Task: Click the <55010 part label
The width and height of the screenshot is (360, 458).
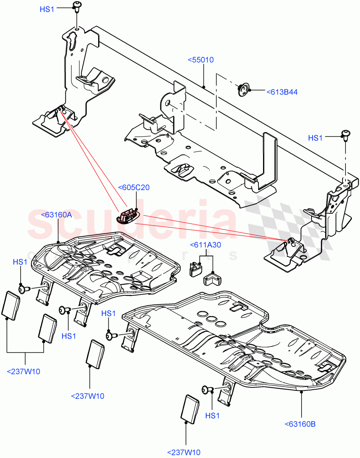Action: pyautogui.click(x=201, y=60)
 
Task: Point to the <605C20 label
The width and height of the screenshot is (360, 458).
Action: pyautogui.click(x=134, y=187)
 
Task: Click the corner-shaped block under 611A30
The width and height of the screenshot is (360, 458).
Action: pyautogui.click(x=213, y=278)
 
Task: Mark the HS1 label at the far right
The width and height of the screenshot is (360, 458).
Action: pyautogui.click(x=315, y=138)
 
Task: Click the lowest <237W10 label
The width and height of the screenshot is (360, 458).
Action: pyautogui.click(x=184, y=453)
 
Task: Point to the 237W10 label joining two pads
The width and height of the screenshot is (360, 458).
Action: pyautogui.click(x=24, y=371)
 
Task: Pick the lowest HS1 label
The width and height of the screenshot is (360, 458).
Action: pyautogui.click(x=213, y=416)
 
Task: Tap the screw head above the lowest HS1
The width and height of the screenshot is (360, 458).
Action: pyautogui.click(x=207, y=390)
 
